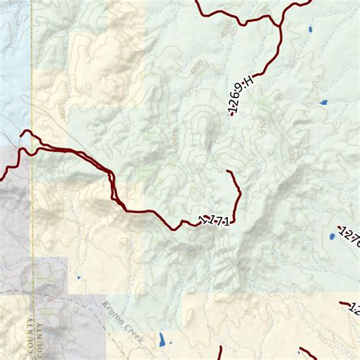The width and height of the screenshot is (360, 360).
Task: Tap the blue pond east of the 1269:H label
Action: (324, 102)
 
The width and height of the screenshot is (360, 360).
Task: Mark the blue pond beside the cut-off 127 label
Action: (332, 237)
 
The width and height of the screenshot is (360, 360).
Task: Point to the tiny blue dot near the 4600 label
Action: (78, 277)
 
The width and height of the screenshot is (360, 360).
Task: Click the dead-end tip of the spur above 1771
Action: (229, 172)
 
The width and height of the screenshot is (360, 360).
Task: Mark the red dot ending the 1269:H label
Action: (232, 115)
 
